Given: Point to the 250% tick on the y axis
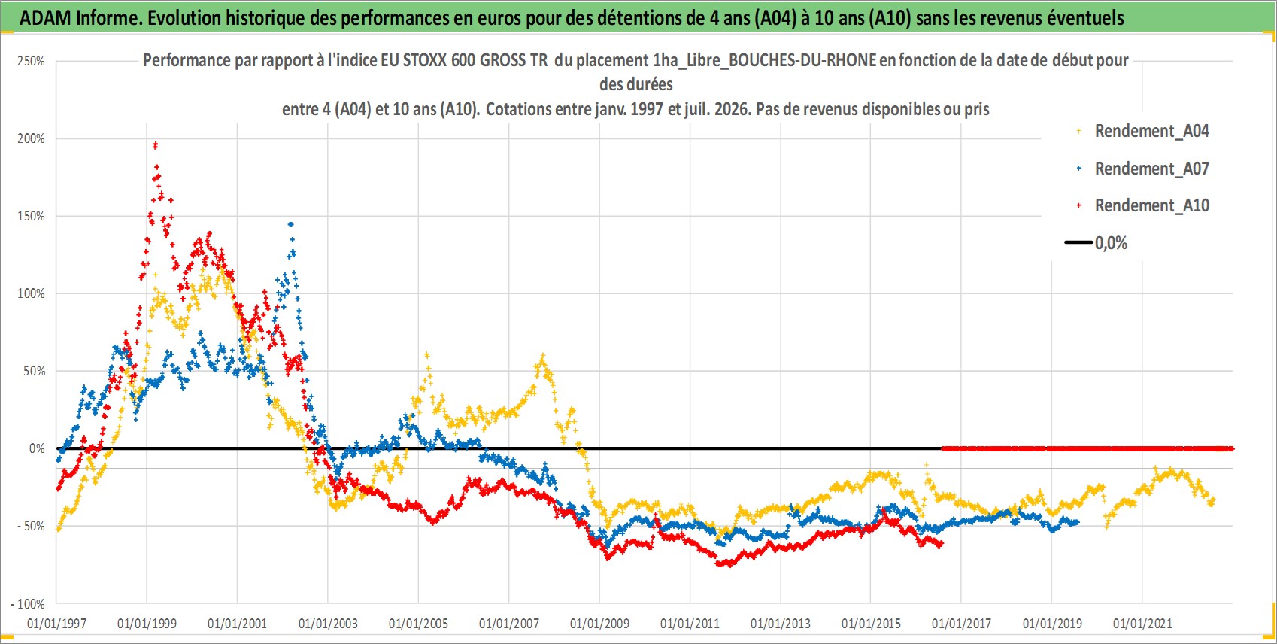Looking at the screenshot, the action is click(31, 61).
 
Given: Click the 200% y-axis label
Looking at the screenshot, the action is click(31, 138).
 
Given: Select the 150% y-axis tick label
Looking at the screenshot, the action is click(31, 216).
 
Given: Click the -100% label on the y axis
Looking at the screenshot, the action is click(27, 603).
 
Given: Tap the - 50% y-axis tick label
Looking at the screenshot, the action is click(29, 526).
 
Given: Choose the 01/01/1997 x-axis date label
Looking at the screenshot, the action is click(56, 624).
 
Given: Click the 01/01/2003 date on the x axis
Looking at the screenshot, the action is click(328, 624).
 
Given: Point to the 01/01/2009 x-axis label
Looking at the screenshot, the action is click(599, 624).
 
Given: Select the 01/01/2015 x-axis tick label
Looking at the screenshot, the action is click(871, 624).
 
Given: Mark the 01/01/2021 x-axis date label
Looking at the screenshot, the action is click(1142, 624).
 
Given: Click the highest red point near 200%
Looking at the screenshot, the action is click(155, 145).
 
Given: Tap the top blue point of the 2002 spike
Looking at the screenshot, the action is click(291, 225).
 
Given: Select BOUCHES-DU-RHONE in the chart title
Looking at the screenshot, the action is click(802, 60).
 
